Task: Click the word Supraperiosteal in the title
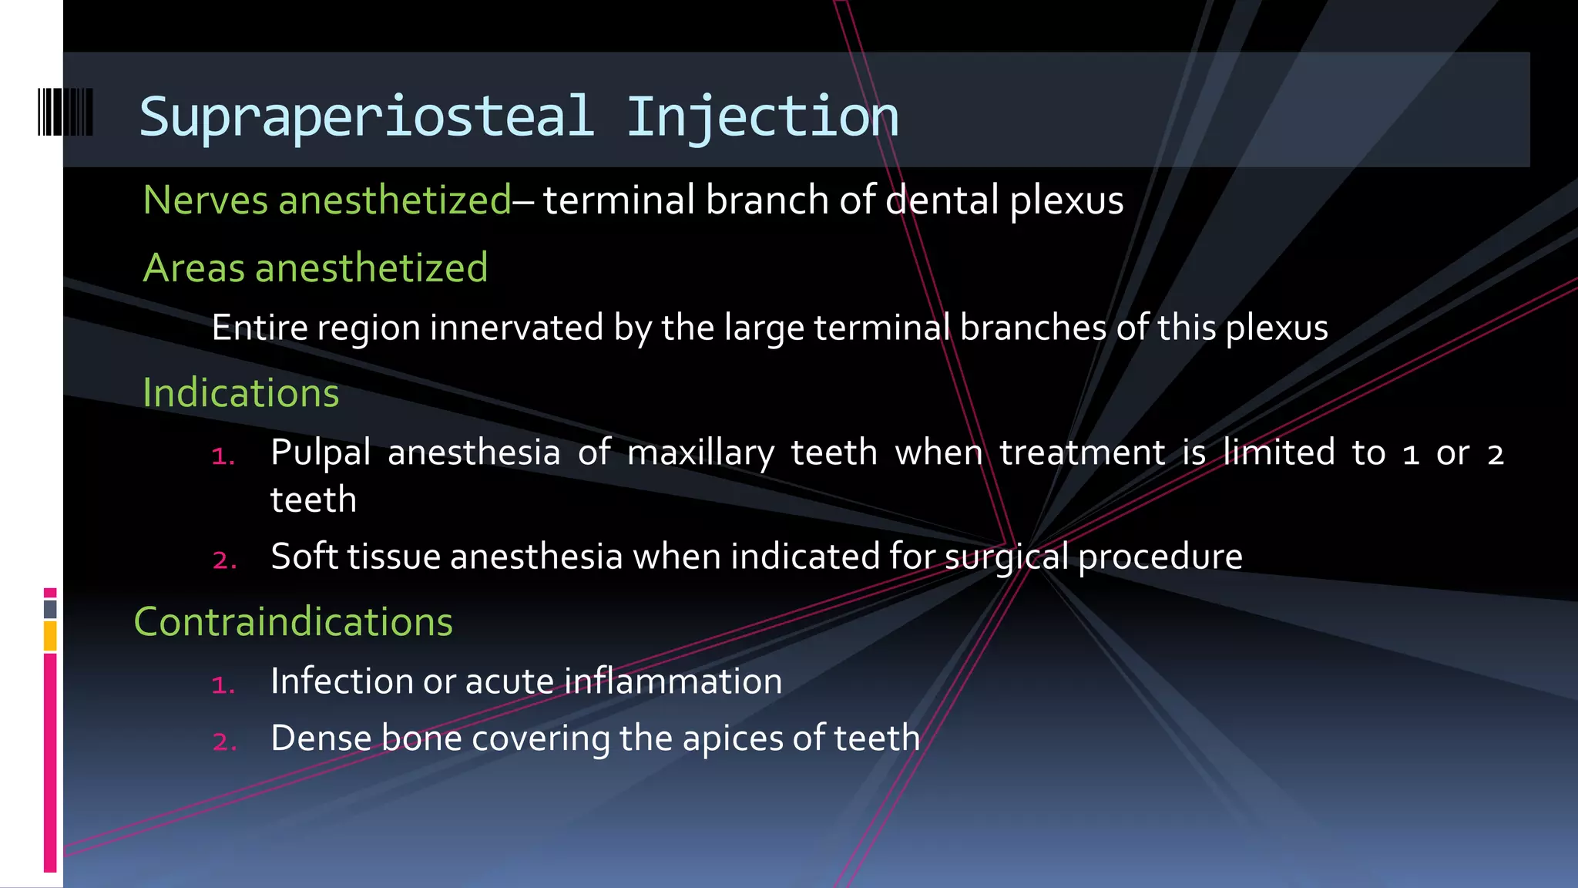pos(367,117)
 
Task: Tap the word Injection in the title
pos(762,117)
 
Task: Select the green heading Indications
pos(241,392)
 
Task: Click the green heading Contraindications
pos(294,621)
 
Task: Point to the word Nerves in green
pos(205,200)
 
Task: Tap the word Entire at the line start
pos(260,328)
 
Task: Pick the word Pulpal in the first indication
pos(321,453)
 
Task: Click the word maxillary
pos(700,453)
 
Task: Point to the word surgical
pos(1006,557)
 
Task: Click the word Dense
pos(321,738)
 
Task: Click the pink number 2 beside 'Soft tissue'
pos(224,560)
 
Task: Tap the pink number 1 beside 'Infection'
pos(223,684)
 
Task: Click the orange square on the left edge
pos(50,636)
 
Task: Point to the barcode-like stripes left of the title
pos(65,113)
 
